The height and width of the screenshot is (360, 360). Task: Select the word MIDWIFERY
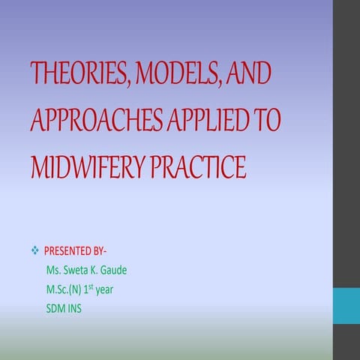tap(90, 166)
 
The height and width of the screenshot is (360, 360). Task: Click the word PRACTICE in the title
tap(199, 166)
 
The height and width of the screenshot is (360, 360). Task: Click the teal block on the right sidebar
tap(346, 307)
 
